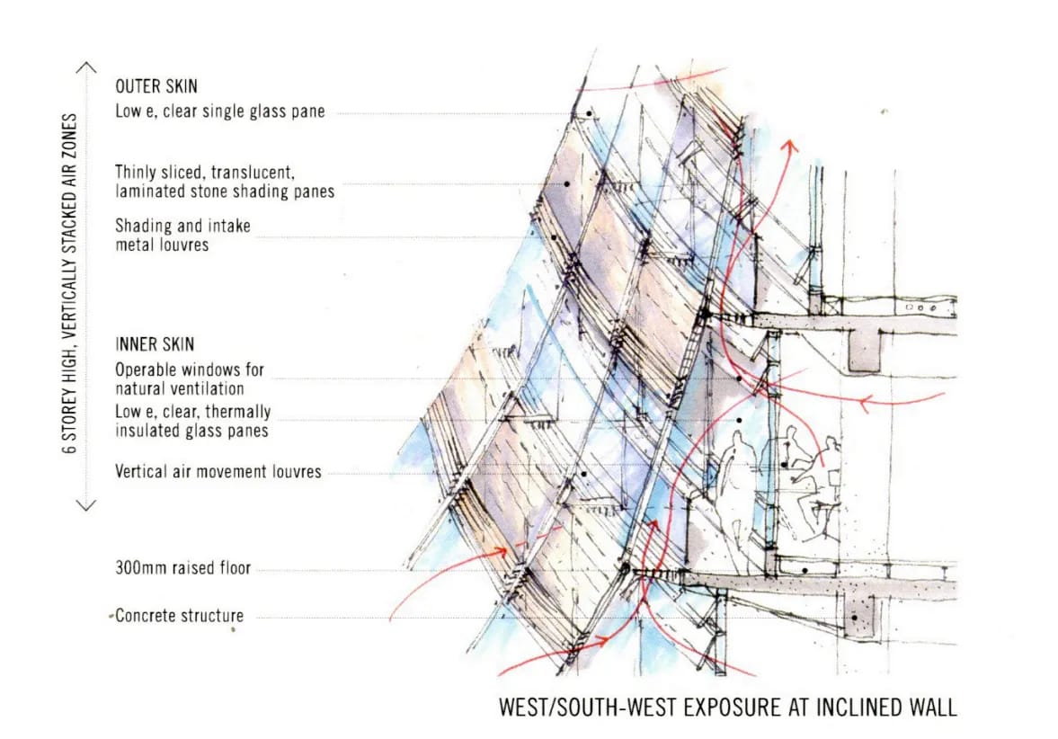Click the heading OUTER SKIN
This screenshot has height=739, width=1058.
click(156, 87)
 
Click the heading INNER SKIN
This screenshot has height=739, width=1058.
click(154, 344)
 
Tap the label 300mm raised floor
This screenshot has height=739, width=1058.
click(182, 568)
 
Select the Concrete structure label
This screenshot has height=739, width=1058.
click(180, 616)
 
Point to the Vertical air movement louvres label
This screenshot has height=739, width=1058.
click(218, 471)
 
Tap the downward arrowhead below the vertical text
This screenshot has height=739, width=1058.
click(86, 505)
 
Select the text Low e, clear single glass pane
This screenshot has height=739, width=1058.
click(219, 112)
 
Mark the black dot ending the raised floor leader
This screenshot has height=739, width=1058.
click(806, 570)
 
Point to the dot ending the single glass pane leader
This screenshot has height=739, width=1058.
click(588, 113)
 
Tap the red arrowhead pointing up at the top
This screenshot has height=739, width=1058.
click(791, 143)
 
